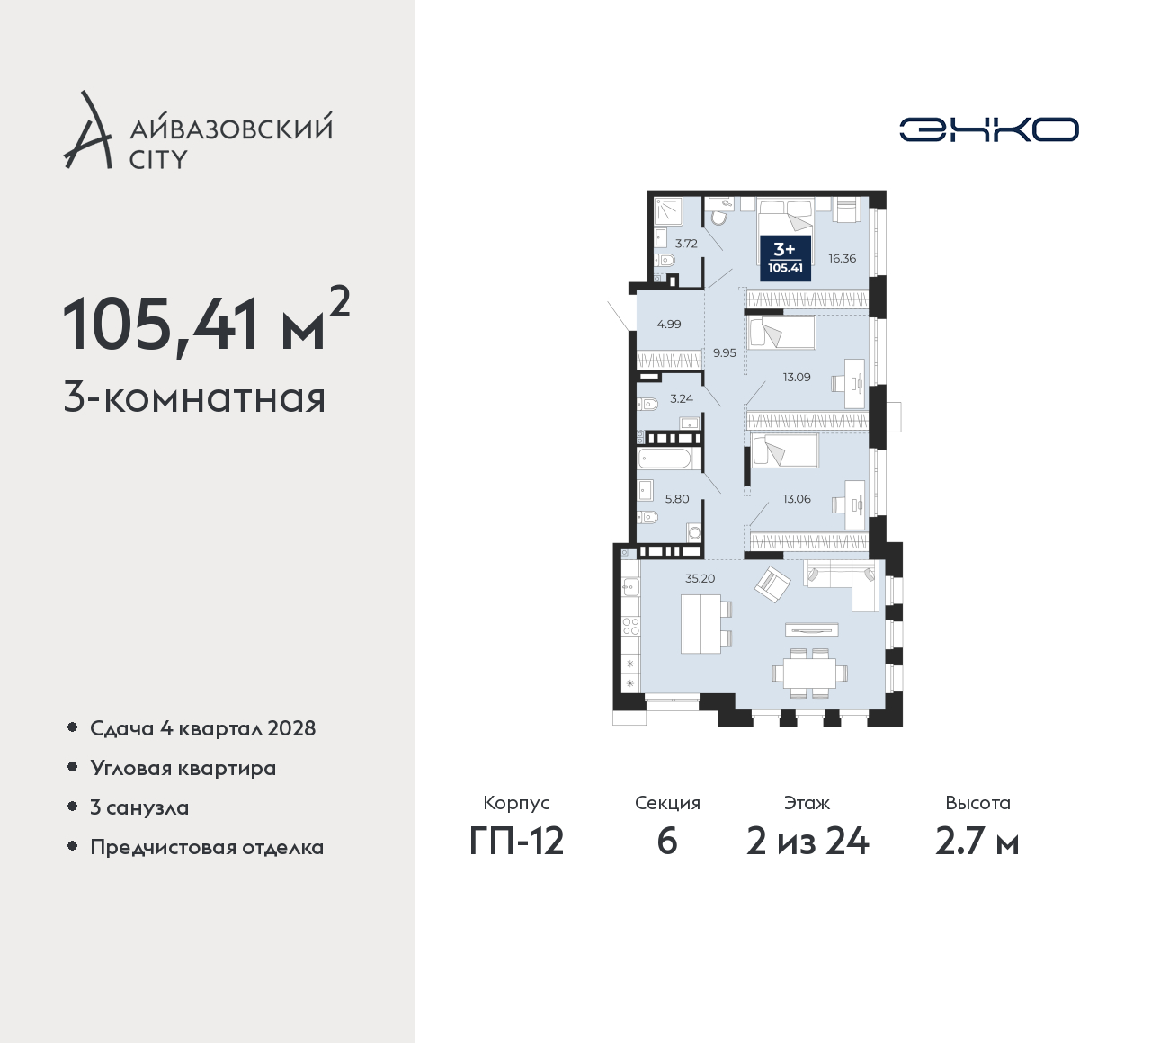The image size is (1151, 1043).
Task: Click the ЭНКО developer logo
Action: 988,129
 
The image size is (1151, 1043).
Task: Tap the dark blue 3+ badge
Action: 785,258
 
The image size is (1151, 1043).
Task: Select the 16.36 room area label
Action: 842,259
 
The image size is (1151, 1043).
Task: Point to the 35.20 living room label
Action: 700,578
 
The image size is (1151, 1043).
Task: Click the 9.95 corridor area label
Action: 725,353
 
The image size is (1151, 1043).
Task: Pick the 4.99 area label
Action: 669,325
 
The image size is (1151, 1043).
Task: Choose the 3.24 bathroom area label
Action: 682,398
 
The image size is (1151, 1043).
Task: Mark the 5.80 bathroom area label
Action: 677,499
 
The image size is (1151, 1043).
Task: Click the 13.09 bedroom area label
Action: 797,377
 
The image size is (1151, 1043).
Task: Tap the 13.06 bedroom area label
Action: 797,498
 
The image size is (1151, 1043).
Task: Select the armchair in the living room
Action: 772,584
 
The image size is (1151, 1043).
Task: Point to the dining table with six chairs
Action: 809,673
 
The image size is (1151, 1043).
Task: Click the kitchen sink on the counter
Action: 631,586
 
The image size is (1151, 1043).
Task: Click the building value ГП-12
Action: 516,842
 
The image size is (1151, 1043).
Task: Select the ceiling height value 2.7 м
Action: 977,842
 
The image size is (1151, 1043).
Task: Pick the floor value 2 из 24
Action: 807,842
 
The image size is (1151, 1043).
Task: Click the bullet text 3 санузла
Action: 139,807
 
